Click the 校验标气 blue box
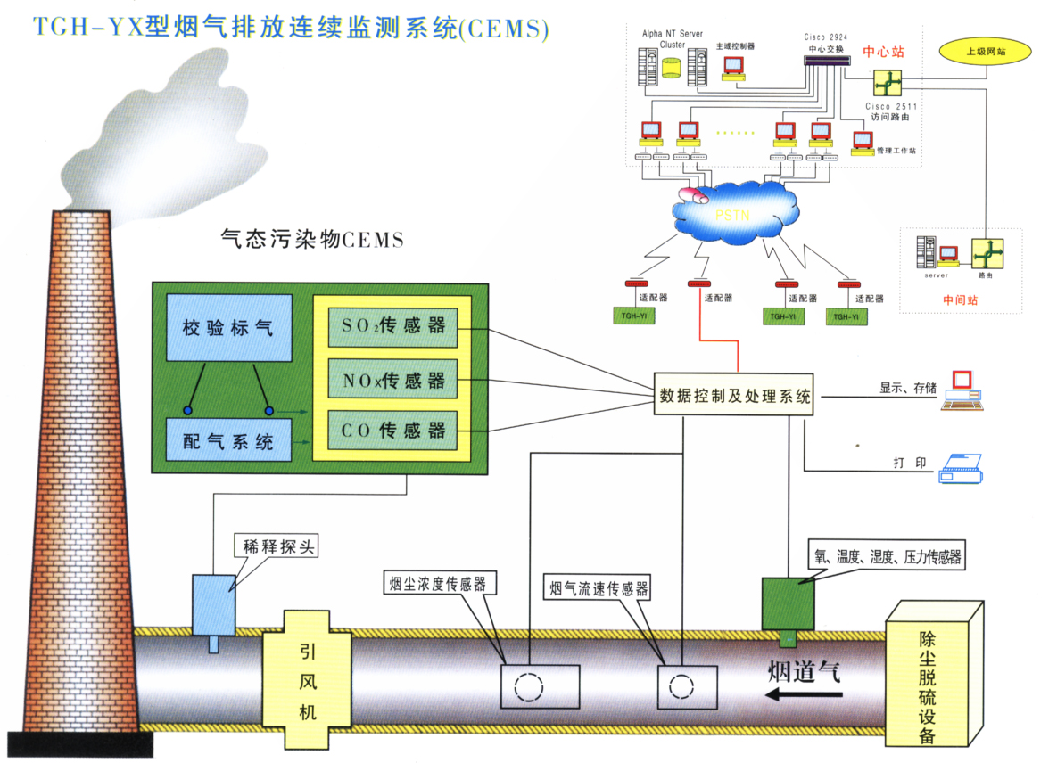[229, 327]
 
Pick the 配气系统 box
[229, 439]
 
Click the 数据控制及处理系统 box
[734, 395]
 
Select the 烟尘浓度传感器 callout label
[440, 584]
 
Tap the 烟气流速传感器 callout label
[597, 588]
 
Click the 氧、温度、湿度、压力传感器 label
[887, 556]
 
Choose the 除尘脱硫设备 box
[932, 676]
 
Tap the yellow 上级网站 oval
[986, 51]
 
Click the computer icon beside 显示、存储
[964, 390]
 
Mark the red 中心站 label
[884, 52]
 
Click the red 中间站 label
[960, 300]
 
